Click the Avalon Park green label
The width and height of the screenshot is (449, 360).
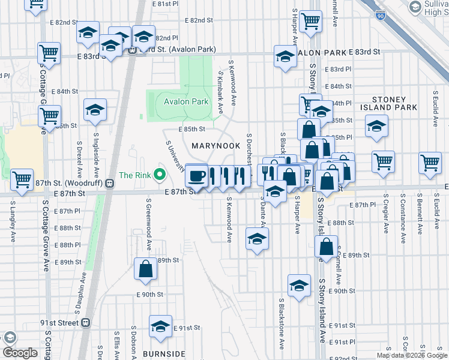pos(186,101)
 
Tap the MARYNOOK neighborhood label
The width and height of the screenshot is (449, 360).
pos(215,146)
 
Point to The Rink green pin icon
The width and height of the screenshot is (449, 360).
pos(159,175)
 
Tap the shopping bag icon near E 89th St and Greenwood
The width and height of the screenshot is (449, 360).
pos(146,270)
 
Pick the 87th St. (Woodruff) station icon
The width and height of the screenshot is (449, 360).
pos(109,184)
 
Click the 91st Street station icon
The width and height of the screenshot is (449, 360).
pos(85,322)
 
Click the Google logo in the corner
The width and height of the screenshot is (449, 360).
pos(20,353)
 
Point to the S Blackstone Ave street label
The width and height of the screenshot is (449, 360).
pos(281,324)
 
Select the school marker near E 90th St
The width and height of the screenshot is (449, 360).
pos(299,286)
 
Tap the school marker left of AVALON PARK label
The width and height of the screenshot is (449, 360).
pos(285,57)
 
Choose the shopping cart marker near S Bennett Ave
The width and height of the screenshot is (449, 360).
pos(430,162)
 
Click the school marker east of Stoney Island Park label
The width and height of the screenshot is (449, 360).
pos(376,126)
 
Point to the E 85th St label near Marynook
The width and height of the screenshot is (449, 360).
pos(191,129)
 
